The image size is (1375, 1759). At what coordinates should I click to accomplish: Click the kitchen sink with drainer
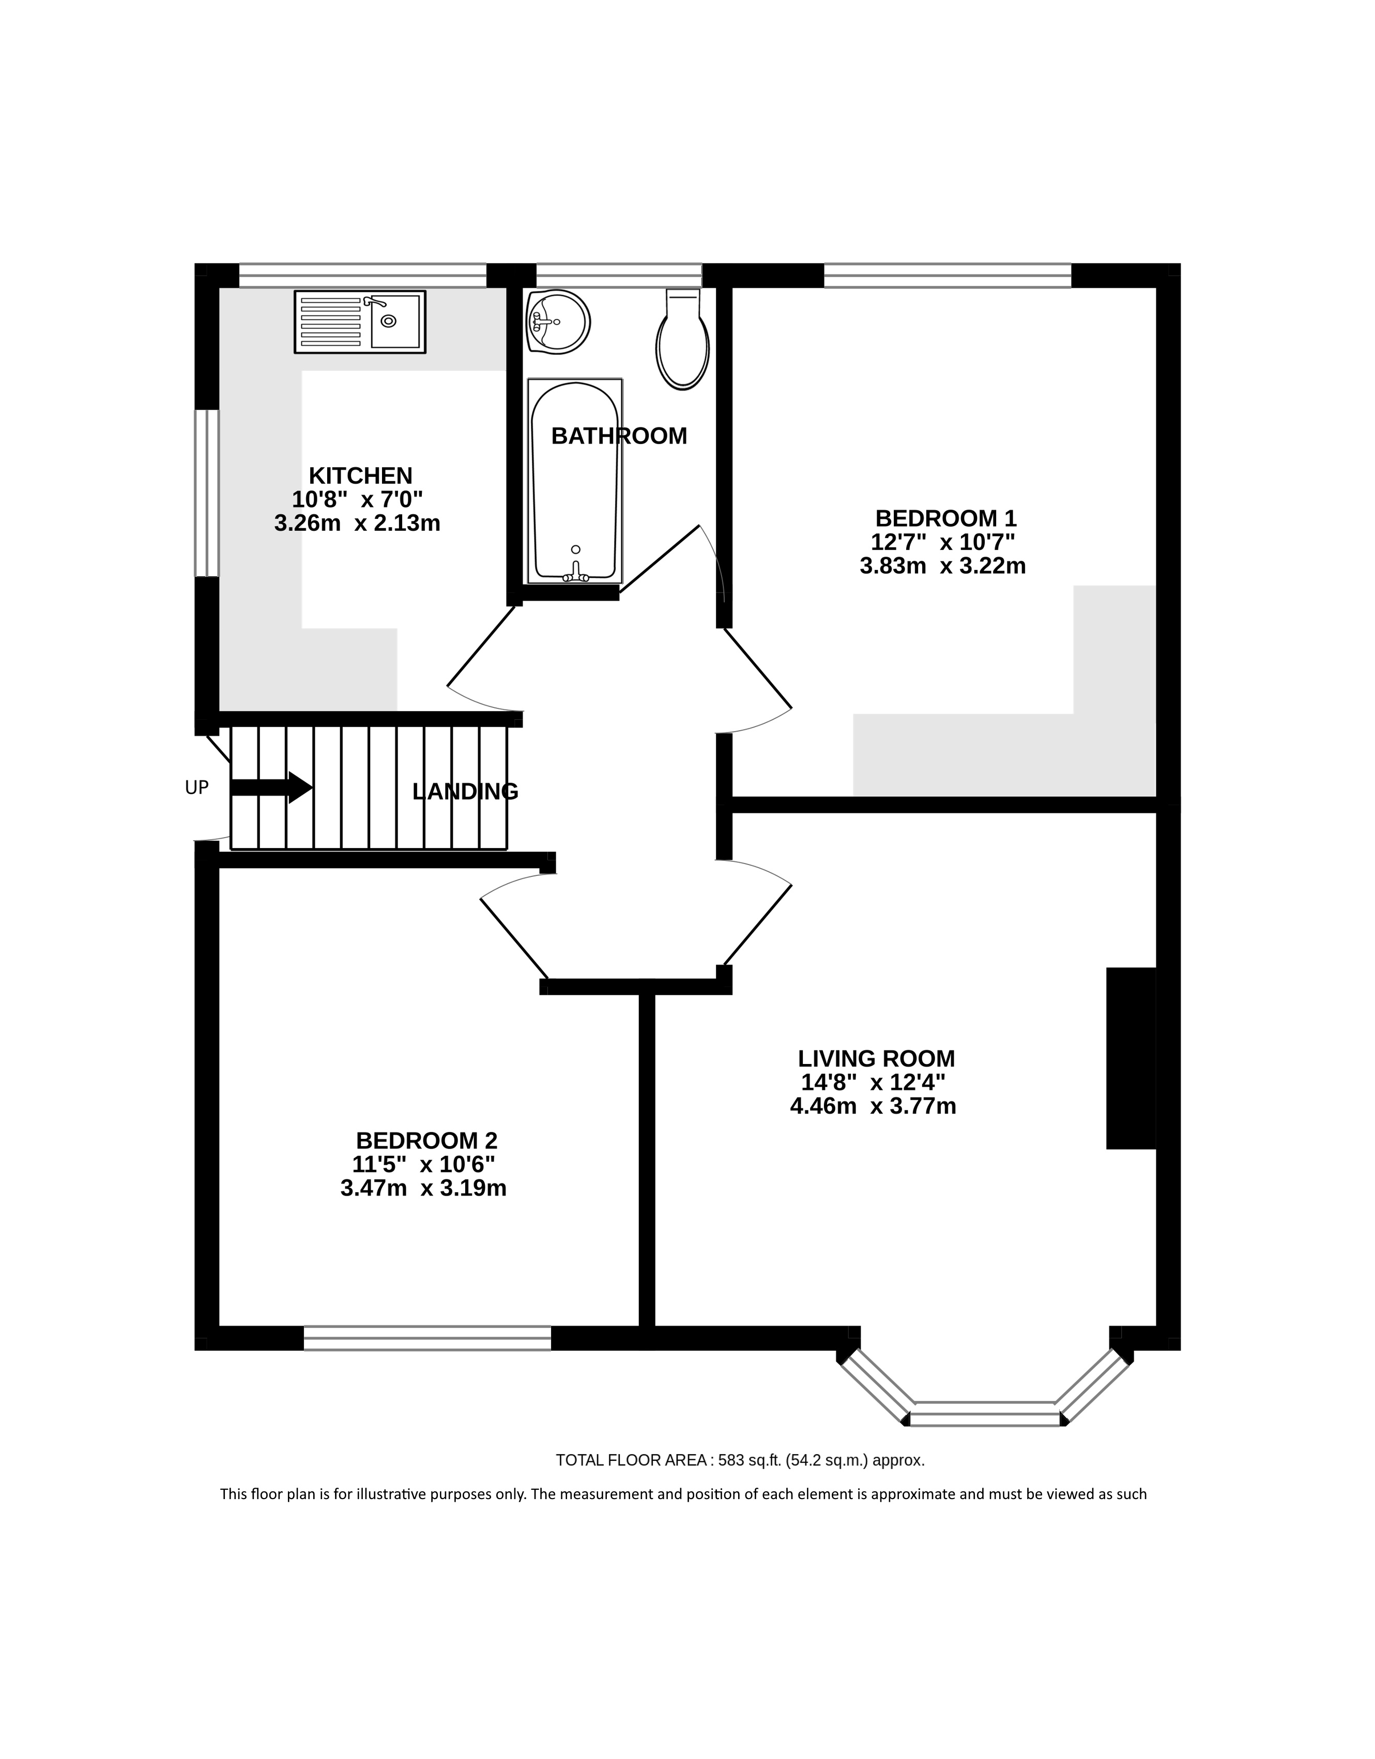360,321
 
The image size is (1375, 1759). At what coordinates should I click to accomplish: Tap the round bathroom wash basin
558,321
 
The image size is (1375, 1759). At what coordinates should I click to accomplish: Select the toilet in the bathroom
683,339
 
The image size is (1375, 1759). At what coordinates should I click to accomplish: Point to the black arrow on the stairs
271,787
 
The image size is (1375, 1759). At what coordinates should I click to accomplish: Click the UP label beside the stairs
196,788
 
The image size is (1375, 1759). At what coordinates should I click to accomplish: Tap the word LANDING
465,792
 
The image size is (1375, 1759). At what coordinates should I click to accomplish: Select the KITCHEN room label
360,475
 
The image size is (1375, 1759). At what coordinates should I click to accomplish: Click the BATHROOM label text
619,436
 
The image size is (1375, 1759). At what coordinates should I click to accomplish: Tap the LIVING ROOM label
876,1058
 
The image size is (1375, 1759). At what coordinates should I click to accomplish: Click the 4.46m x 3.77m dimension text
873,1106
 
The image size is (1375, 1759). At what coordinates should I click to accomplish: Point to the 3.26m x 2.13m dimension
357,523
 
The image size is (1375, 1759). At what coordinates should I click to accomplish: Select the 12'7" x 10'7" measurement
942,541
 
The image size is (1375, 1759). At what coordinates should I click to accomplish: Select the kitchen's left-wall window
207,493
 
